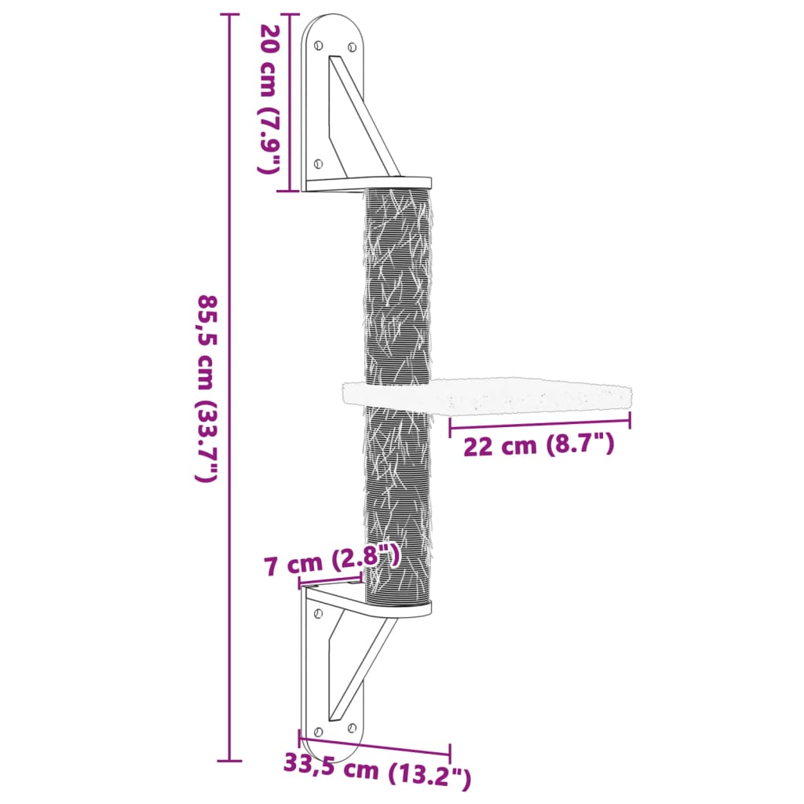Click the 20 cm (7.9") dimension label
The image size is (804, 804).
pos(270,98)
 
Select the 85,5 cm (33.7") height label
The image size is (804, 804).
pos(206,388)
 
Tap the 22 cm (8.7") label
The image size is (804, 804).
pos(539,446)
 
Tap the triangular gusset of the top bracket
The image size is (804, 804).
pos(353,118)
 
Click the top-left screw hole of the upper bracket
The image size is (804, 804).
pos(317,46)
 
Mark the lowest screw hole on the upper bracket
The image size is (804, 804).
pos(317,163)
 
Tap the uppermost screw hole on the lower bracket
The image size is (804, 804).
pos(317,613)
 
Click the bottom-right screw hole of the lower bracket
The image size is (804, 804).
pos(350,728)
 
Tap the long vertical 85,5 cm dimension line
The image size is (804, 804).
pos(229,236)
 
